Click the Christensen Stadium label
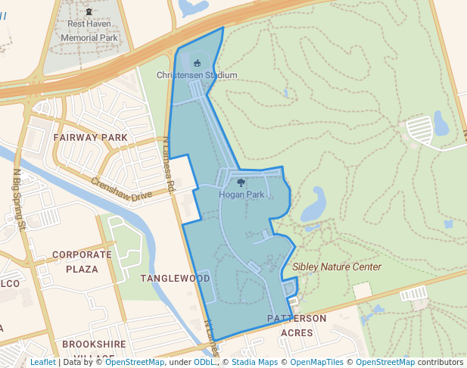tap(197, 75)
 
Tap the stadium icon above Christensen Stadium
tap(198, 64)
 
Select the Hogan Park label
tap(241, 195)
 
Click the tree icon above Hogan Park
tap(241, 182)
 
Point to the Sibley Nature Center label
tap(337, 267)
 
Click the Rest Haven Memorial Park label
tap(89, 30)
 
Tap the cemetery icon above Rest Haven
tap(89, 11)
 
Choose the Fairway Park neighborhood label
tap(91, 137)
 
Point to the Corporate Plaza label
tap(82, 262)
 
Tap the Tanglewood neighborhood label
tap(175, 279)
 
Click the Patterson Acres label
tap(297, 325)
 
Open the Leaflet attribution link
tap(43, 362)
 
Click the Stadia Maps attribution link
tap(254, 362)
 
